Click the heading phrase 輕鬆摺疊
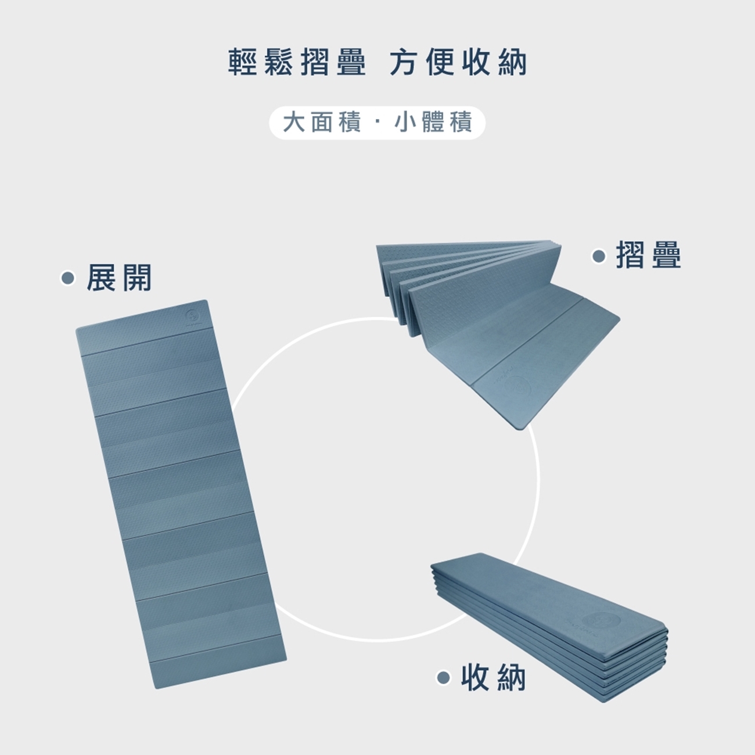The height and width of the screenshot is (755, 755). [297, 63]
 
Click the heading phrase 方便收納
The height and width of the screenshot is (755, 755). [458, 63]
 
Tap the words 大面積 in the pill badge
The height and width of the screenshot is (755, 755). [322, 123]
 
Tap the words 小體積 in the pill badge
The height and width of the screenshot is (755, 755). [433, 123]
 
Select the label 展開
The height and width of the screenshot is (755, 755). [119, 278]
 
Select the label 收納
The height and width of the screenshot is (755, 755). [494, 677]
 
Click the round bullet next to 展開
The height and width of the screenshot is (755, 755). [69, 279]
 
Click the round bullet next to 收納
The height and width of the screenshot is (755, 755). [443, 677]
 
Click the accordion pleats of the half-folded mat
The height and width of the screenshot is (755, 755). [401, 273]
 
